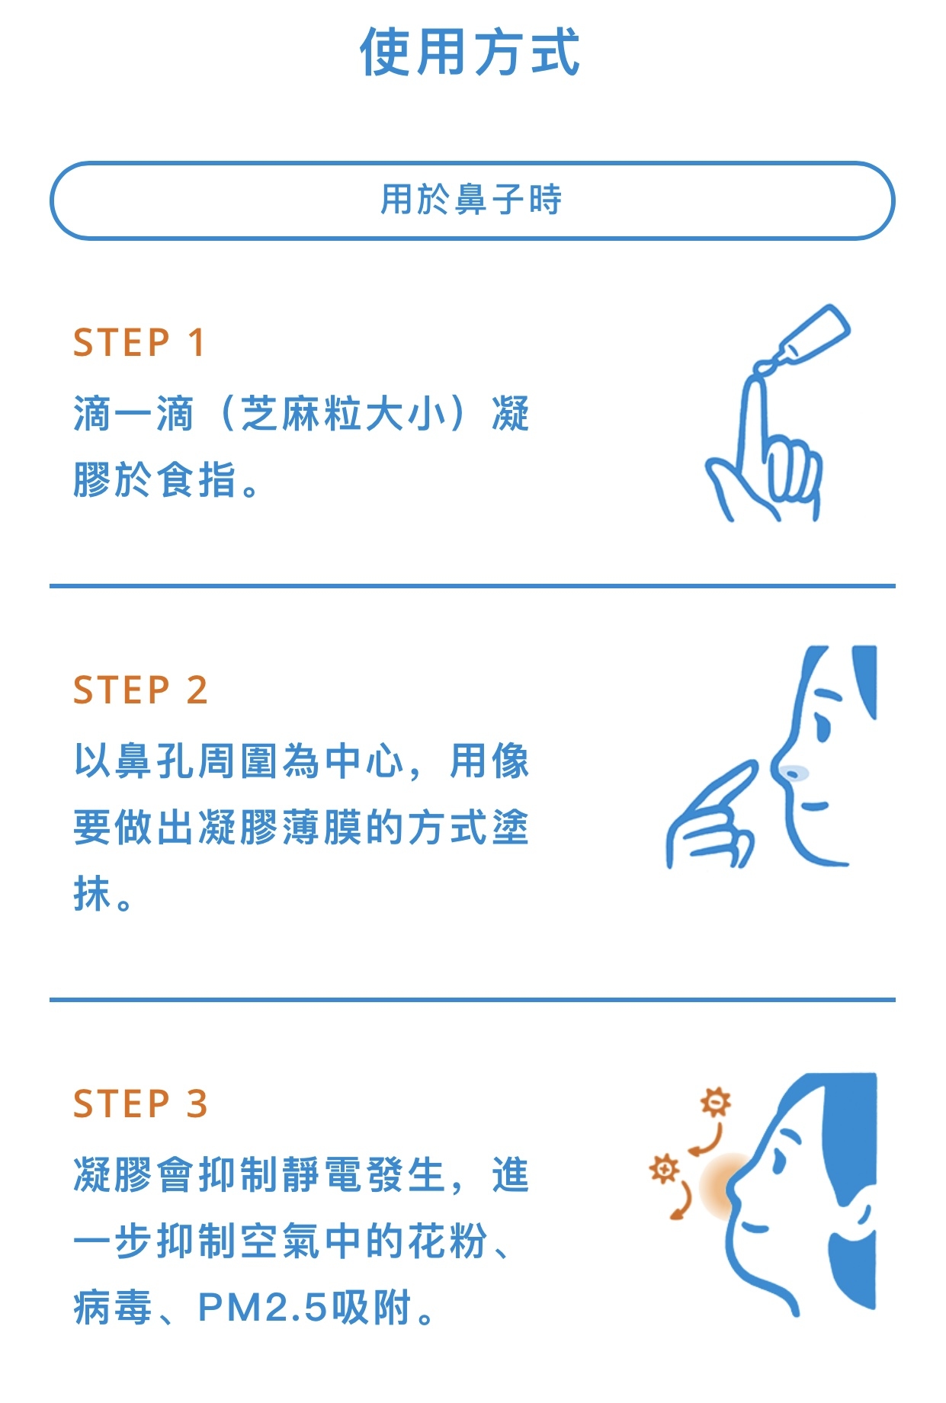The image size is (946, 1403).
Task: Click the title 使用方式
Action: point(470,52)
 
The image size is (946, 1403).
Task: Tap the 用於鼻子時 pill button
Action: point(473,200)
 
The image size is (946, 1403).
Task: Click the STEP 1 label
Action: point(139,343)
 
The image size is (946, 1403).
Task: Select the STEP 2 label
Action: point(140,690)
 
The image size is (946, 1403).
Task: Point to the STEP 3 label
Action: point(140,1104)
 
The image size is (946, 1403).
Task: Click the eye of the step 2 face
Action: point(822,724)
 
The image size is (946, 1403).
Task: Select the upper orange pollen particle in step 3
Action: point(716,1102)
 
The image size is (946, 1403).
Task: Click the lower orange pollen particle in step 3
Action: point(664,1168)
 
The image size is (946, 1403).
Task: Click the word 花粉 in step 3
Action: point(447,1241)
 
